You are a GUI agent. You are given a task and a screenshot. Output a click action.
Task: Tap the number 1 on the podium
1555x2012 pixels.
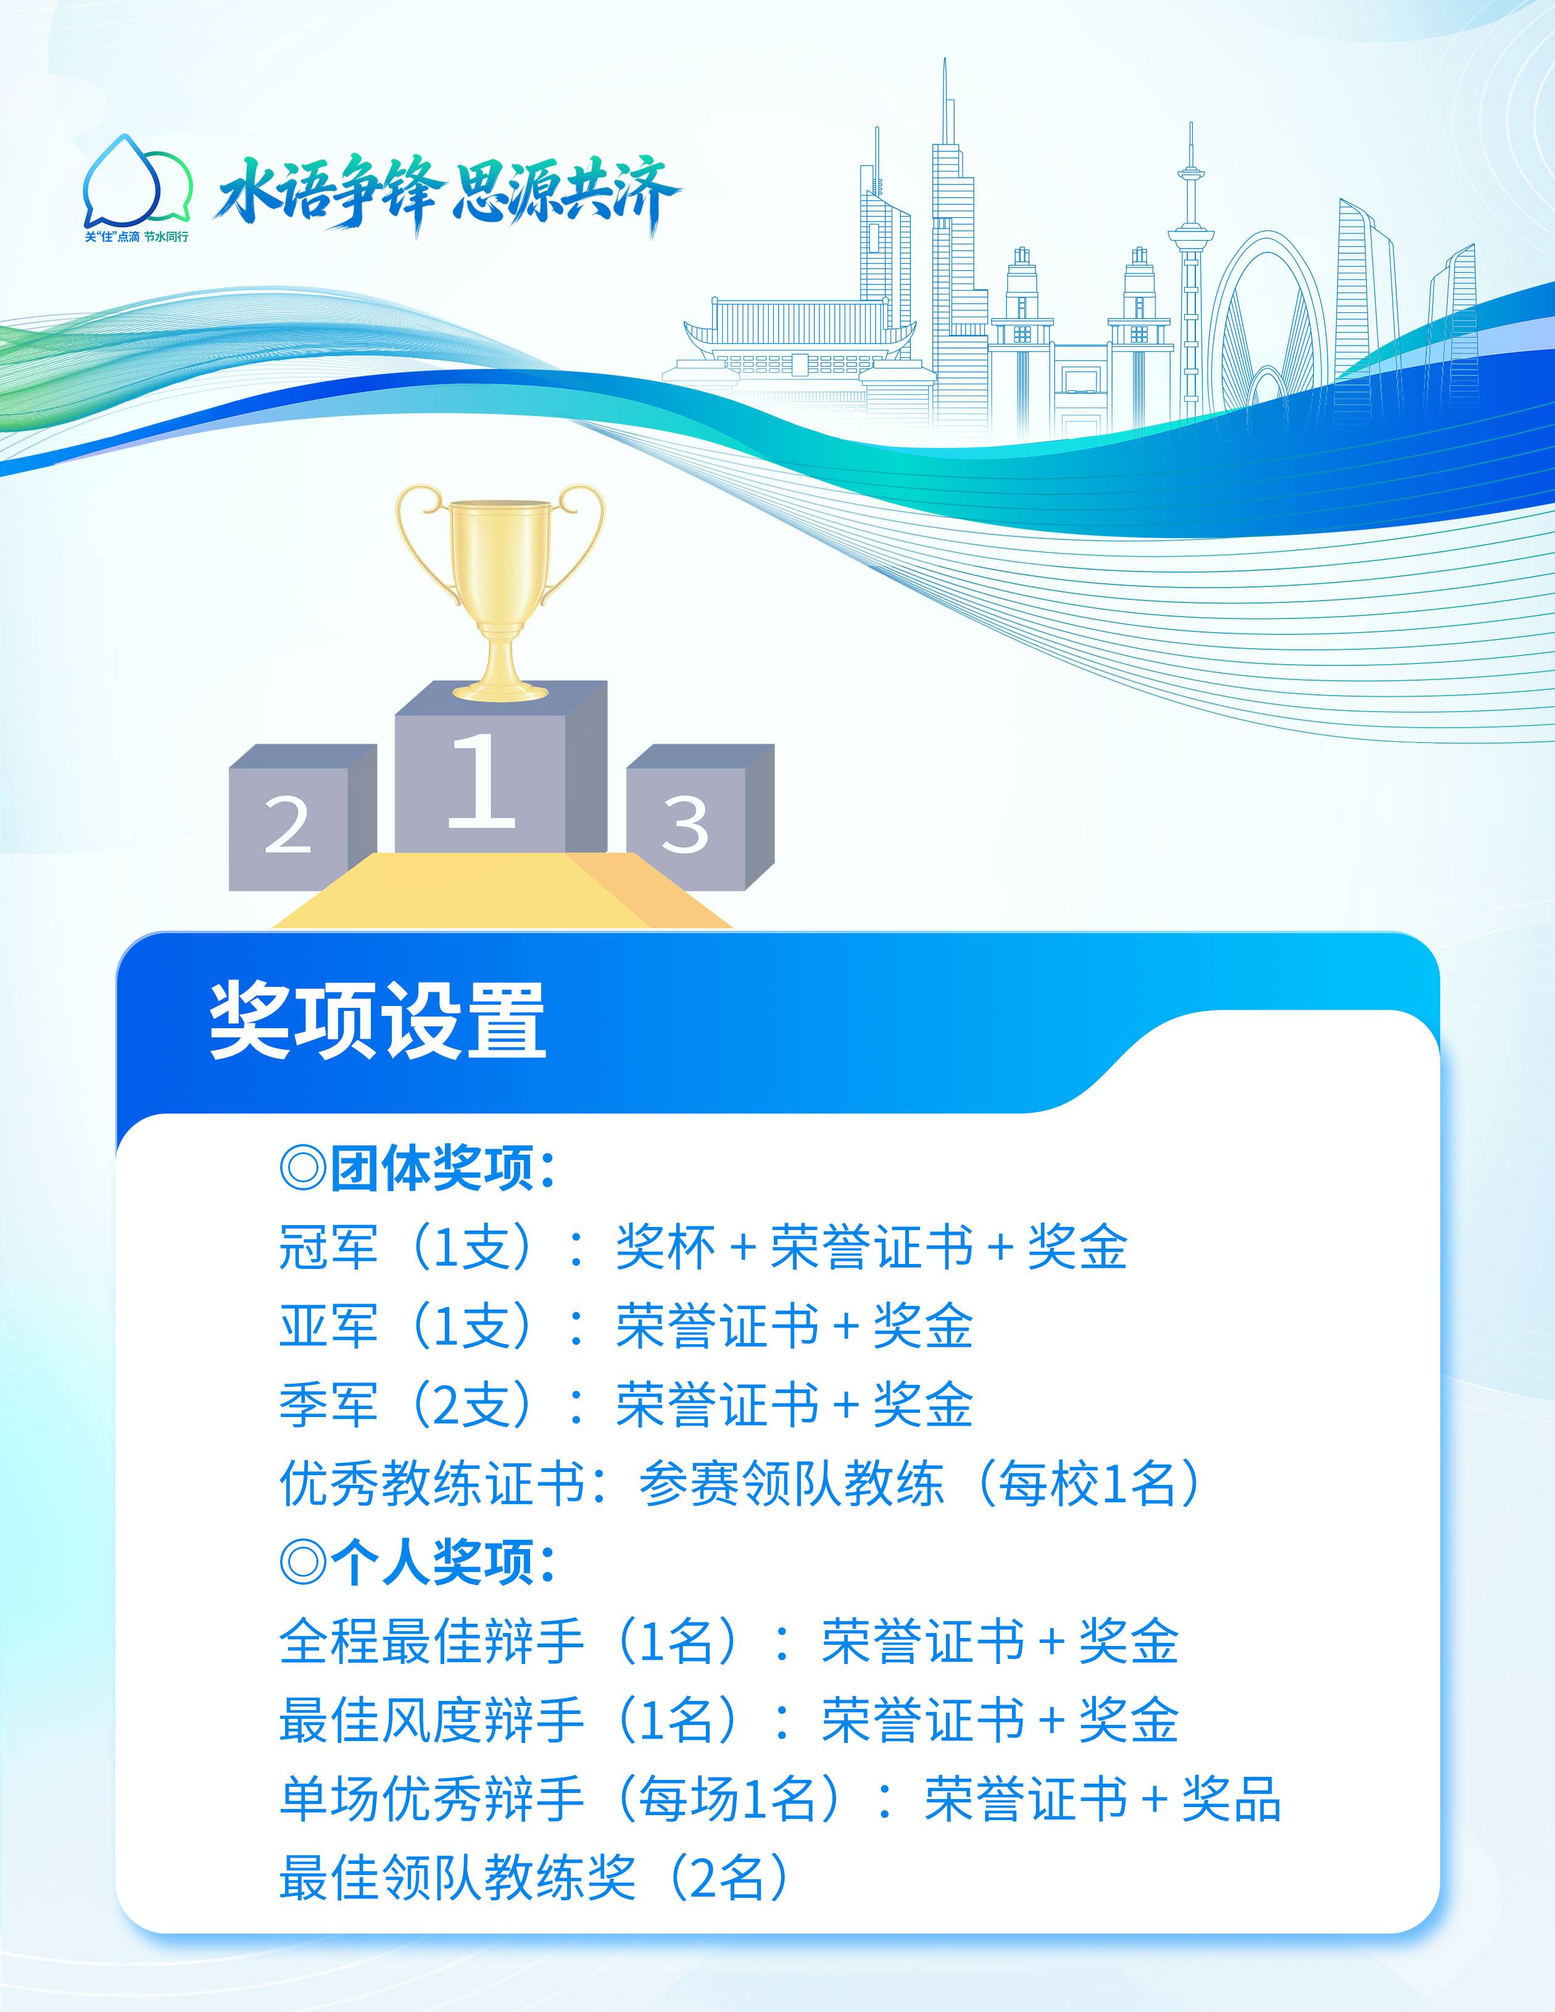pyautogui.click(x=480, y=779)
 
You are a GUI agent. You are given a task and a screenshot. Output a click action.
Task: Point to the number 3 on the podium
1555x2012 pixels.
pyautogui.click(x=686, y=823)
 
